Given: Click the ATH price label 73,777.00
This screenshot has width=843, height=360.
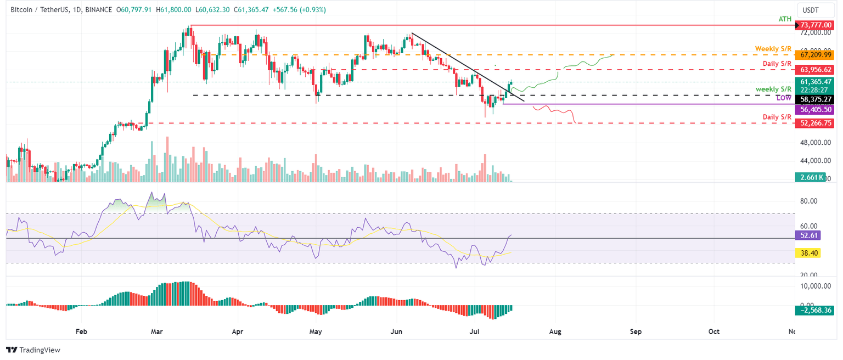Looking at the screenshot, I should coord(816,25).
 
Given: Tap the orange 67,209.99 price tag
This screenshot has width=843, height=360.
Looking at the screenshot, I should coord(816,55).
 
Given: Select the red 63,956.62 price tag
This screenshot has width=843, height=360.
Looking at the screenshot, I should coord(816,70).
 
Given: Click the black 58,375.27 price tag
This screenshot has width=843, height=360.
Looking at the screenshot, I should coord(816,99).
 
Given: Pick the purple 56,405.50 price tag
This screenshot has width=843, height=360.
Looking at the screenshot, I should coord(816,110).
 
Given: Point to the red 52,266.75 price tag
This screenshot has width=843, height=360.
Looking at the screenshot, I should coord(816,123).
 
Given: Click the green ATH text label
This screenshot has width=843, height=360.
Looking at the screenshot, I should coord(785,19).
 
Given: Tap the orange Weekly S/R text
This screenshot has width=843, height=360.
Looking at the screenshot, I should coord(773,49).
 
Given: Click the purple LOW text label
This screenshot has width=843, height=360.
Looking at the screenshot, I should coord(783,97).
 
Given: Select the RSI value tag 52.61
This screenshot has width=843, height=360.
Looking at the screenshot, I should coord(807,235).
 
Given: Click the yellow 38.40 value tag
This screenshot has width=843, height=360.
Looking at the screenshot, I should coord(807,253).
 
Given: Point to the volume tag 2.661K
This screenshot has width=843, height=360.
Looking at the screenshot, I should coord(810,177).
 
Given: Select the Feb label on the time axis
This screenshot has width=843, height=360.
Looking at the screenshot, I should coord(81,331).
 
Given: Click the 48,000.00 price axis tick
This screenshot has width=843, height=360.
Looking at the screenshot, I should coord(814,143).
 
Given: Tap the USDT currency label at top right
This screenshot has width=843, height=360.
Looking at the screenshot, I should coord(811,9).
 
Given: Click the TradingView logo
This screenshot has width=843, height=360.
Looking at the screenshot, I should coord(33,350).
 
